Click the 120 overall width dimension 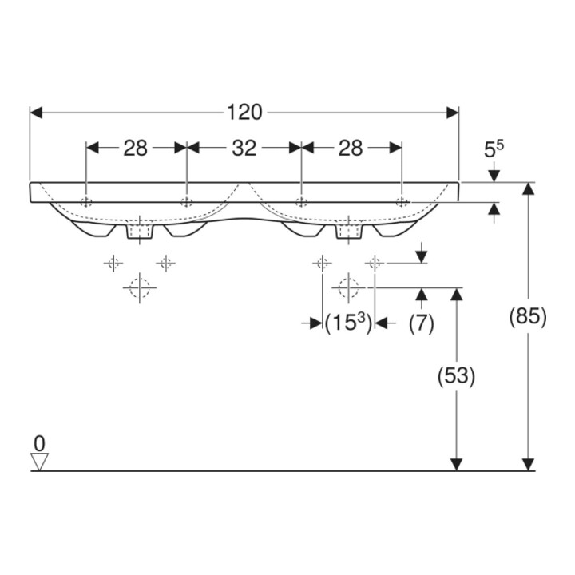[x=244, y=113]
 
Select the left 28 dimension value [x=135, y=149]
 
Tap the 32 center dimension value [x=244, y=149]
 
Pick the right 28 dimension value [x=351, y=149]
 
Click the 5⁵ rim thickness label [x=494, y=149]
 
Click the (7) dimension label [x=422, y=324]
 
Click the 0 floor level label [x=39, y=444]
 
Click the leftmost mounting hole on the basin [x=86, y=201]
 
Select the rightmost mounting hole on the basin [x=402, y=201]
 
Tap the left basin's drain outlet [x=140, y=231]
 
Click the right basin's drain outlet [x=349, y=231]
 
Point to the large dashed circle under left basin [x=140, y=287]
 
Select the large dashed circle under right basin [x=348, y=287]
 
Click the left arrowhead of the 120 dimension [x=36, y=113]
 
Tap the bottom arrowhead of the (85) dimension [x=528, y=465]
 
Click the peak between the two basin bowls [x=244, y=183]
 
